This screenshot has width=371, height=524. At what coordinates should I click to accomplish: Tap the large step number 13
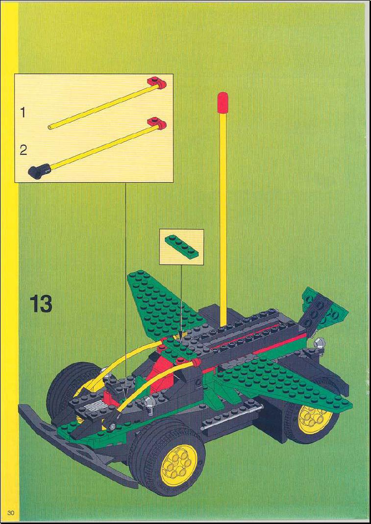41,304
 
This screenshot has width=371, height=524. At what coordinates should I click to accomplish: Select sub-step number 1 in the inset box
23,113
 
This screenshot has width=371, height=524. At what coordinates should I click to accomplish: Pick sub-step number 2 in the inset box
23,150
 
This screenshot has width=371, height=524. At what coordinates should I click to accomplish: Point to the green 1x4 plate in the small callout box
181,245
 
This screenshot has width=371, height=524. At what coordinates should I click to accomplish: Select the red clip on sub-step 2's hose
157,123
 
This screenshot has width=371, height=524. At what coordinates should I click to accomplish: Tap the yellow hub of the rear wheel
315,417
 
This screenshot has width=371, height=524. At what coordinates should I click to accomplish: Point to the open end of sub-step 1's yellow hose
49,127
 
